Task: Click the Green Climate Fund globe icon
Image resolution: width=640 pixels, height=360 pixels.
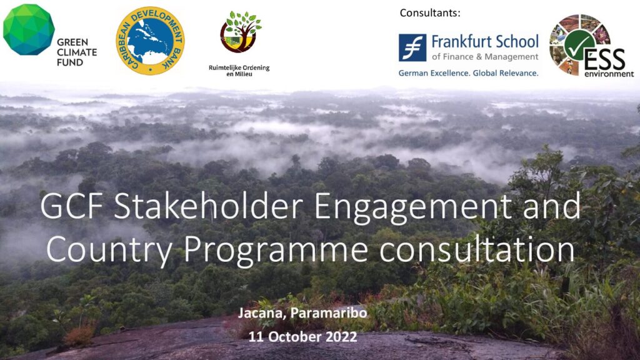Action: click(x=29, y=29)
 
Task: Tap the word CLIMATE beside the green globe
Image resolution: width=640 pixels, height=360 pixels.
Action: click(x=77, y=52)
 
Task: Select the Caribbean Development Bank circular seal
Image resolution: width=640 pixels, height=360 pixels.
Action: click(x=150, y=41)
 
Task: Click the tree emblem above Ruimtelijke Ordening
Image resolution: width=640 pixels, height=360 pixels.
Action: click(x=241, y=32)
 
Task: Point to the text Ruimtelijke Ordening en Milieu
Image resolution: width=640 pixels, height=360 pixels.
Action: click(x=239, y=71)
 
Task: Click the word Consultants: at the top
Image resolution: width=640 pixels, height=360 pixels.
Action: click(x=430, y=13)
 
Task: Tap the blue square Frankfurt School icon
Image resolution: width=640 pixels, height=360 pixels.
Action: click(x=412, y=47)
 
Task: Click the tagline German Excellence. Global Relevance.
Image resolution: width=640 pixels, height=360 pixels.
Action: click(x=469, y=73)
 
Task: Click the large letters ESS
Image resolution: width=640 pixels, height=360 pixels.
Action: click(x=604, y=59)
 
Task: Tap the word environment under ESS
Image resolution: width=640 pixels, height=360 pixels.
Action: click(x=609, y=74)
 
